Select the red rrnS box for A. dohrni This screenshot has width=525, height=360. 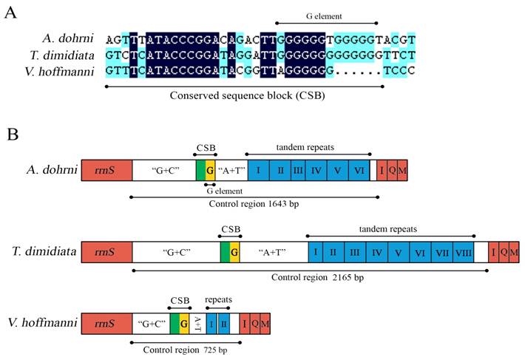point(106,171)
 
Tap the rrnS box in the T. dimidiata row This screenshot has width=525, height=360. point(106,252)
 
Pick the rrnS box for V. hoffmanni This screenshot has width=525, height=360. point(106,324)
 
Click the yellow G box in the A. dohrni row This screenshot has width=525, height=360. point(210,171)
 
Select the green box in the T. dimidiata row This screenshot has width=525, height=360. point(225,252)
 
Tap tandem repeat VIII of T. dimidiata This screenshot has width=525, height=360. point(464,252)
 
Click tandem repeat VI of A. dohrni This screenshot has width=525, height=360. point(359,171)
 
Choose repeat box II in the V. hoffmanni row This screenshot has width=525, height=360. point(223,324)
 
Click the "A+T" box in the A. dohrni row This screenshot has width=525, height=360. point(231,171)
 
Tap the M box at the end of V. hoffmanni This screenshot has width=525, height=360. point(265,324)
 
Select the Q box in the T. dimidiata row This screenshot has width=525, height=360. point(504,252)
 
